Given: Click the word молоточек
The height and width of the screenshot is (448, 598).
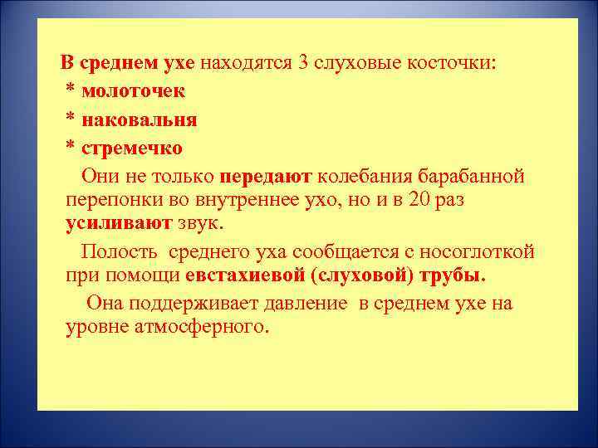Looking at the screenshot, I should pos(134,90).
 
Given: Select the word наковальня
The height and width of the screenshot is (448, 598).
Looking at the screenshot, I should pos(140,119).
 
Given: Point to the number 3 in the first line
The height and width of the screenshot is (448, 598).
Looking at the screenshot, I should pos(302,62).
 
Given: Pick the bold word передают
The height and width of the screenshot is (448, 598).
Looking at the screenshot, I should pos(266,177).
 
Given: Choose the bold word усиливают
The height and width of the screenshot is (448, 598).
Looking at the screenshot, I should pos(120,224).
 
